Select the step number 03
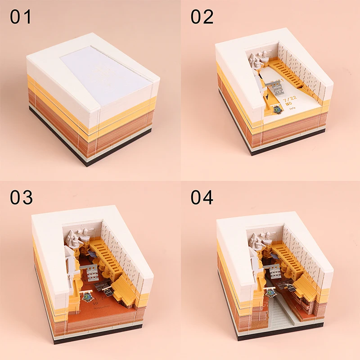tap(21, 198)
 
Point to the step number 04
tap(202, 198)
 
